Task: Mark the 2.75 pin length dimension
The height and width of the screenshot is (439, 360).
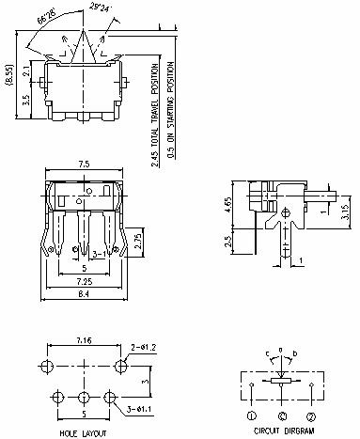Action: [136, 238]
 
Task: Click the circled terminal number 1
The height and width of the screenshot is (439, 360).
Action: [252, 414]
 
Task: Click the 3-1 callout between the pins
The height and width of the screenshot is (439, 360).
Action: [97, 255]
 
